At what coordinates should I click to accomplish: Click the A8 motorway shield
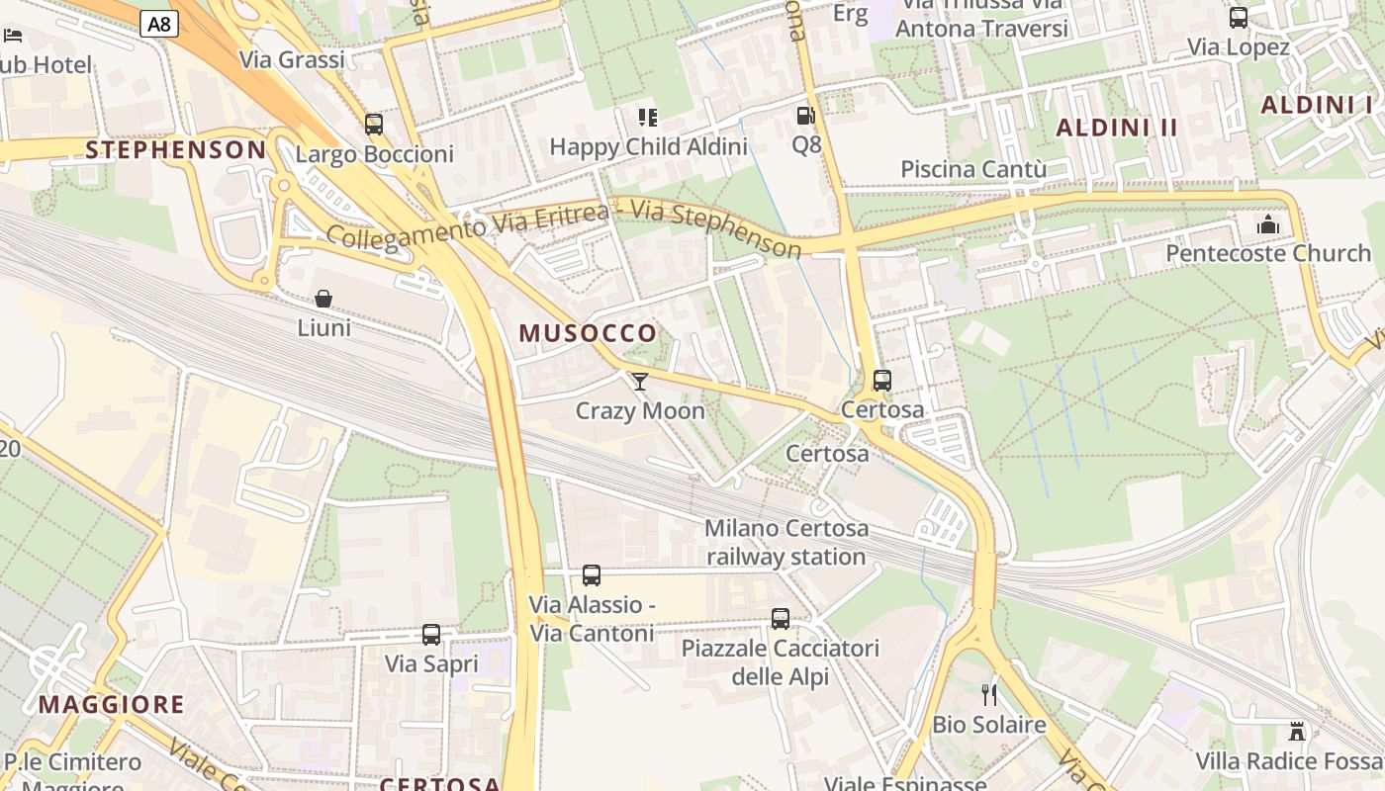[158, 24]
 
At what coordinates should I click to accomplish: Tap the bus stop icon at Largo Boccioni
[374, 125]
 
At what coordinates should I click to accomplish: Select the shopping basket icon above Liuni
[323, 298]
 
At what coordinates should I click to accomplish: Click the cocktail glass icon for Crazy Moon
[640, 381]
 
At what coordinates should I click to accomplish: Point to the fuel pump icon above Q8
[806, 116]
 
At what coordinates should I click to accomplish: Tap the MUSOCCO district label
[588, 333]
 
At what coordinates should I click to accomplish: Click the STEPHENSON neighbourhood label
[176, 150]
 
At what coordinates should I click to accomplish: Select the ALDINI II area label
[1117, 128]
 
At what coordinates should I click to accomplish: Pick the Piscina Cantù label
[973, 169]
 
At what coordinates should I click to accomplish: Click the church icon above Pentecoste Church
[1268, 225]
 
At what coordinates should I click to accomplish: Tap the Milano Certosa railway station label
[786, 542]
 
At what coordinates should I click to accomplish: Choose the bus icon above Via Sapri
[431, 635]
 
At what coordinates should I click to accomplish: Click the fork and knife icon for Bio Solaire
[989, 695]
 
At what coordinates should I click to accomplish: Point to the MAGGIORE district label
[112, 705]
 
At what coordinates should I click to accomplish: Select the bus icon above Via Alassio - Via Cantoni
[592, 575]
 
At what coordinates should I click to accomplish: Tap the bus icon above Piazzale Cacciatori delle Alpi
[781, 619]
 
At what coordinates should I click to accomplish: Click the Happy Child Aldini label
[648, 147]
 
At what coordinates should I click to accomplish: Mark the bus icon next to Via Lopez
[1239, 18]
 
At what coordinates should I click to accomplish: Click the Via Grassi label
[293, 59]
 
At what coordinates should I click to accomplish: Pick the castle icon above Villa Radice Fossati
[1297, 732]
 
